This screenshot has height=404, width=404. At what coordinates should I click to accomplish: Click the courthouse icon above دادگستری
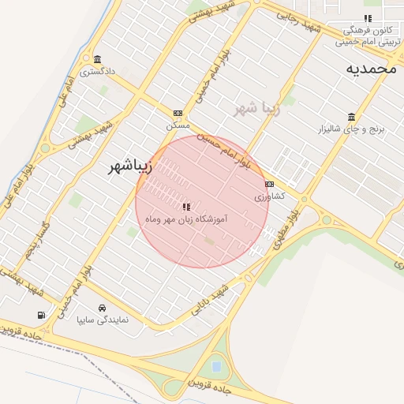coord(97,60)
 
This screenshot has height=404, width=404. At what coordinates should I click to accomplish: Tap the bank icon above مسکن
coord(178,113)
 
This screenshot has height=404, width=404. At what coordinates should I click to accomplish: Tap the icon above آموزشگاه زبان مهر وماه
coord(186,207)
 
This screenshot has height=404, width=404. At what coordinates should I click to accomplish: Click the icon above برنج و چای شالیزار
coord(351,117)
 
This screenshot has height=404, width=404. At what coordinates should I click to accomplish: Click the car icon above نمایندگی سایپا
coord(102,308)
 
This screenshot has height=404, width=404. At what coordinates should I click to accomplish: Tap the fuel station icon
coord(40,315)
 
